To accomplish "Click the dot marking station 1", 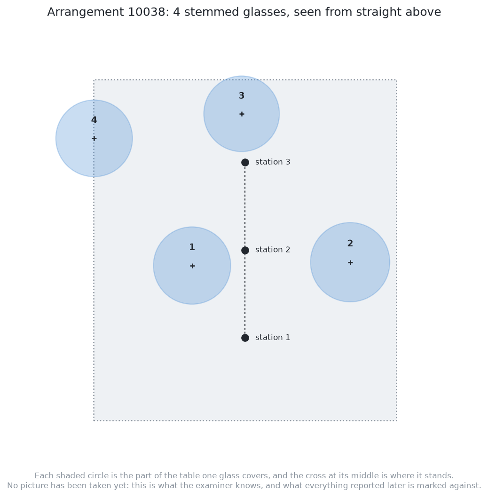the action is coord(245,338).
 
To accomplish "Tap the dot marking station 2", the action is coord(245,250).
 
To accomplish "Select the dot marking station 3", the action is coord(245,163).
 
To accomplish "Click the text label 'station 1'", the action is coord(273,337).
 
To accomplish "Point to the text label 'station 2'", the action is coord(273,250).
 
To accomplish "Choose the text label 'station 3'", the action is coord(273,162).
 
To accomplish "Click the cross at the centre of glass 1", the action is coord(192,266).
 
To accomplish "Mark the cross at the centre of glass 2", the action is coord(350,262).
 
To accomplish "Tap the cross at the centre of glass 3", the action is coord(242,114).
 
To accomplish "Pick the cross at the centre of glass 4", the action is coord(94,138).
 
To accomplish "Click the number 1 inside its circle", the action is coord(192,247).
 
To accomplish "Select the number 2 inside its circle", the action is coord(350,243).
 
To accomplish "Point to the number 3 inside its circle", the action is coord(242,95).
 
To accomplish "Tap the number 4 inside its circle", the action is coord(94,120).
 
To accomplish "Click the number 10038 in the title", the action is coord(146,12).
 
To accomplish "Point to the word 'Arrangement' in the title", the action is coord(86,13).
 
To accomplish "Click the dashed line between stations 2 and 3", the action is coord(245,206).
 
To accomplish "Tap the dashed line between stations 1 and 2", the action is coord(245,294).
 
